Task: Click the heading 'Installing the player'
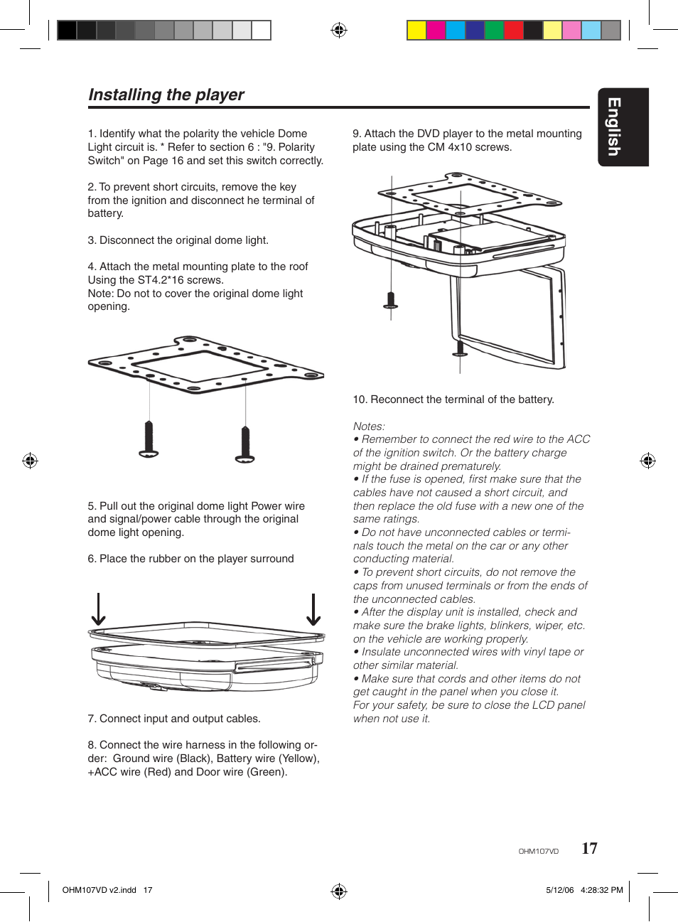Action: click(166, 95)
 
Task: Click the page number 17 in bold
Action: click(589, 848)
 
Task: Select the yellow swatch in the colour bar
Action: click(416, 30)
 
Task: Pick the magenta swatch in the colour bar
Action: click(436, 30)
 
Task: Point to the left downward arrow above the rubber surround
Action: click(99, 610)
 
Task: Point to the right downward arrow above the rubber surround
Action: click(313, 610)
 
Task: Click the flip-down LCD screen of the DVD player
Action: click(506, 316)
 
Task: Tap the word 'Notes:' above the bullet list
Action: click(369, 427)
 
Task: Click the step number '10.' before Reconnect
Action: click(360, 400)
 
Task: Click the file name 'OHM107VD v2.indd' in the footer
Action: click(99, 890)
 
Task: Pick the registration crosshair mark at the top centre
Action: click(339, 30)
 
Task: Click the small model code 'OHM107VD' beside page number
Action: click(538, 851)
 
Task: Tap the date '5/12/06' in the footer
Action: click(559, 890)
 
